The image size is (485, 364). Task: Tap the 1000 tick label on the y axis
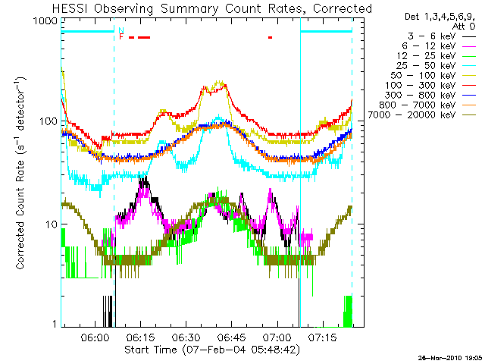[x=46, y=22]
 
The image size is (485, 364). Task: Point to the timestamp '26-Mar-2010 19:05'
[x=449, y=357]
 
